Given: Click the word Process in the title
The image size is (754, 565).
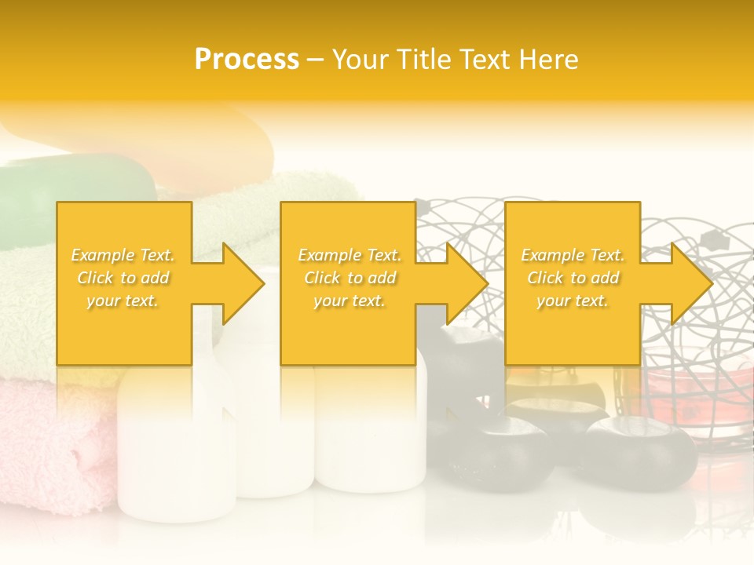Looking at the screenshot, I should pos(247,60).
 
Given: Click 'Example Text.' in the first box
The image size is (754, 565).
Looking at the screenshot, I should pos(123,255).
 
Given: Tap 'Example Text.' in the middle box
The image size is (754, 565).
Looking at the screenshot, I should pos(350,255).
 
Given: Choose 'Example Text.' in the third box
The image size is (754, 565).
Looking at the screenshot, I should pos(573,255).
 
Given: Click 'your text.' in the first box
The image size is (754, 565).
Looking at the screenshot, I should pos(123,301).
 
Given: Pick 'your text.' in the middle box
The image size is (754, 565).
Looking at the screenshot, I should pos(350,301).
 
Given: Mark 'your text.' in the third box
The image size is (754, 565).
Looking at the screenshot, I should pos(573,301).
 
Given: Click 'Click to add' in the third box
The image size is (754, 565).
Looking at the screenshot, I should pos(573,278).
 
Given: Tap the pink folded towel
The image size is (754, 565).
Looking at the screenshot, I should pos(47,439).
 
